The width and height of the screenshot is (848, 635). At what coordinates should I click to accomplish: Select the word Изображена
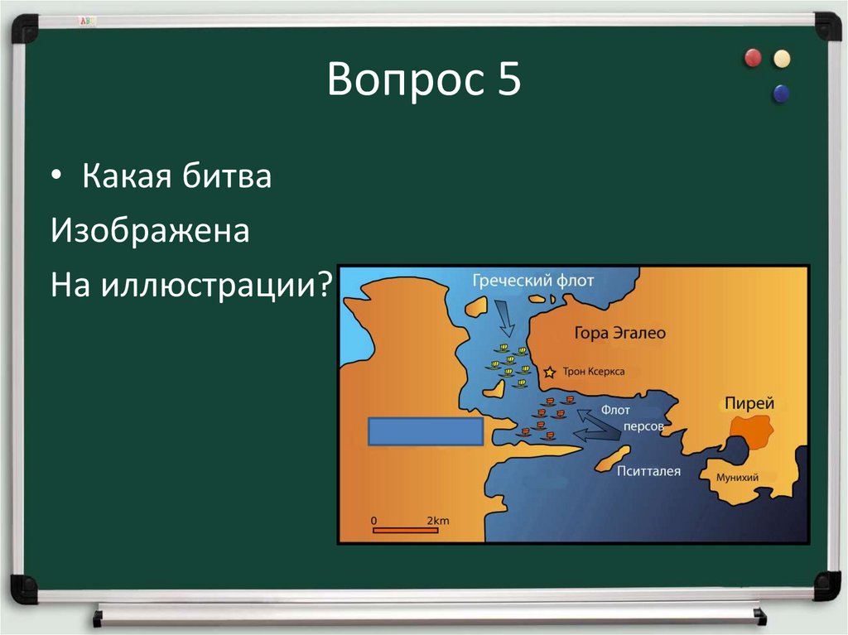click(x=150, y=231)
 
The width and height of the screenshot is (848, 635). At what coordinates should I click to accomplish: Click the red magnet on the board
click(x=753, y=58)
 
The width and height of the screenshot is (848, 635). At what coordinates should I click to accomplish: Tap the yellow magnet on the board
click(x=781, y=59)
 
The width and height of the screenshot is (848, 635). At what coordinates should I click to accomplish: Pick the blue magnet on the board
click(x=780, y=94)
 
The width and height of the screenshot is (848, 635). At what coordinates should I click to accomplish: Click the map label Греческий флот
click(x=532, y=281)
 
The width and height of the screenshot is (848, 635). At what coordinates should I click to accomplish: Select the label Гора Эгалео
click(x=619, y=333)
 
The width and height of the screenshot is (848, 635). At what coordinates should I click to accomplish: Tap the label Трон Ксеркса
click(x=593, y=373)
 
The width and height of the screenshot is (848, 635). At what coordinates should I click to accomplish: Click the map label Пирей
click(x=749, y=404)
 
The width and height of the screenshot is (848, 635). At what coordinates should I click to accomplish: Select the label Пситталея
click(x=648, y=472)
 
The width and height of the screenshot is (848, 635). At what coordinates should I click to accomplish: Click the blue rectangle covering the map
click(x=425, y=431)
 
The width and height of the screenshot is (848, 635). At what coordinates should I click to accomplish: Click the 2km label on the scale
click(x=437, y=520)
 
